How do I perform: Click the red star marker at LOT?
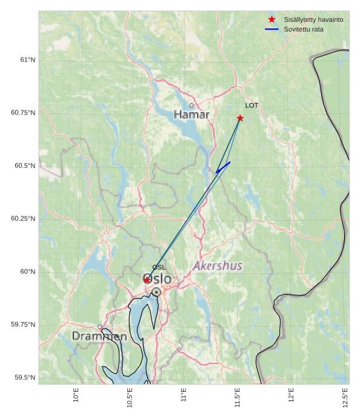pyautogui.click(x=240, y=118)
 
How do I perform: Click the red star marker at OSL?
pyautogui.click(x=147, y=280)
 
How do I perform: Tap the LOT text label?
pyautogui.click(x=252, y=106)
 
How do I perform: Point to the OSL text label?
pyautogui.click(x=159, y=267)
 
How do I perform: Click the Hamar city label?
pyautogui.click(x=192, y=115)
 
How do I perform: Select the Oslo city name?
pyautogui.click(x=157, y=280)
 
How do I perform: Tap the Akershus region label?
pyautogui.click(x=218, y=266)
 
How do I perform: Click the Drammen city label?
pyautogui.click(x=99, y=336)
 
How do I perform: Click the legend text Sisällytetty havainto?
pyautogui.click(x=313, y=20)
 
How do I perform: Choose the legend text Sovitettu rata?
pyautogui.click(x=304, y=29)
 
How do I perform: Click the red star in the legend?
pyautogui.click(x=272, y=20)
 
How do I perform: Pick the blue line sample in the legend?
pyautogui.click(x=272, y=29)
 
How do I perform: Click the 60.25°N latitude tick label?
pyautogui.click(x=23, y=218)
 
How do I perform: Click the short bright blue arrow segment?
pyautogui.click(x=223, y=167)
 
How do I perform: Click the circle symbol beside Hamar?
pyautogui.click(x=192, y=105)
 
